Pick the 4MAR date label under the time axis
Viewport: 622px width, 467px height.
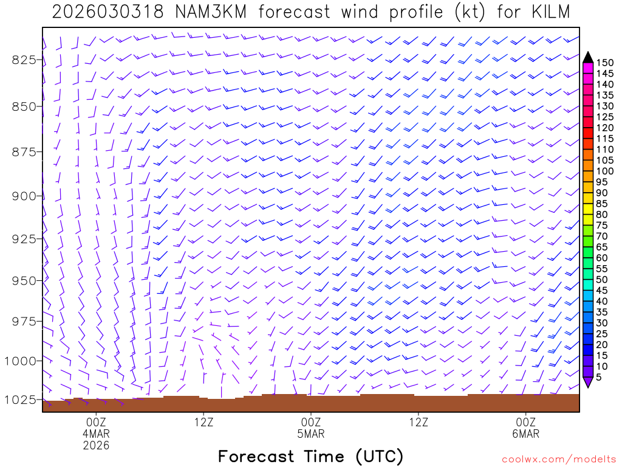97,434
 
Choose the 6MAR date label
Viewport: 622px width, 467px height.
525,434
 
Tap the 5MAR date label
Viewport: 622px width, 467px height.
311,434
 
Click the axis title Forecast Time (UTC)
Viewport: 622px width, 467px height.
310,456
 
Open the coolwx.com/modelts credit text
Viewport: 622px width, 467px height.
559,459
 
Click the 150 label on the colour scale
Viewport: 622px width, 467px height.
605,63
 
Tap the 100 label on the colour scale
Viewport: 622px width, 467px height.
605,171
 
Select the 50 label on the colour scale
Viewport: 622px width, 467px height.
602,279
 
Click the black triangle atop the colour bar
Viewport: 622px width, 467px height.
587,57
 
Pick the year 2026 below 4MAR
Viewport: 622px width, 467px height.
97,445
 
